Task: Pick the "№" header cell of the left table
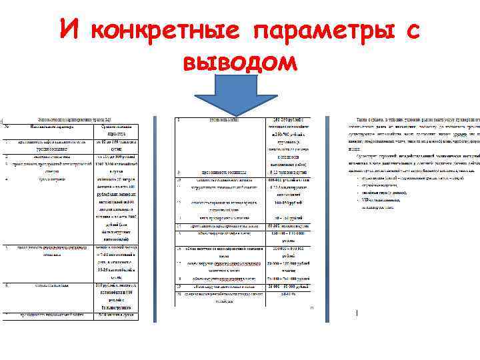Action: click(7, 125)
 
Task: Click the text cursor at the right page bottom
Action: click(357, 312)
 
